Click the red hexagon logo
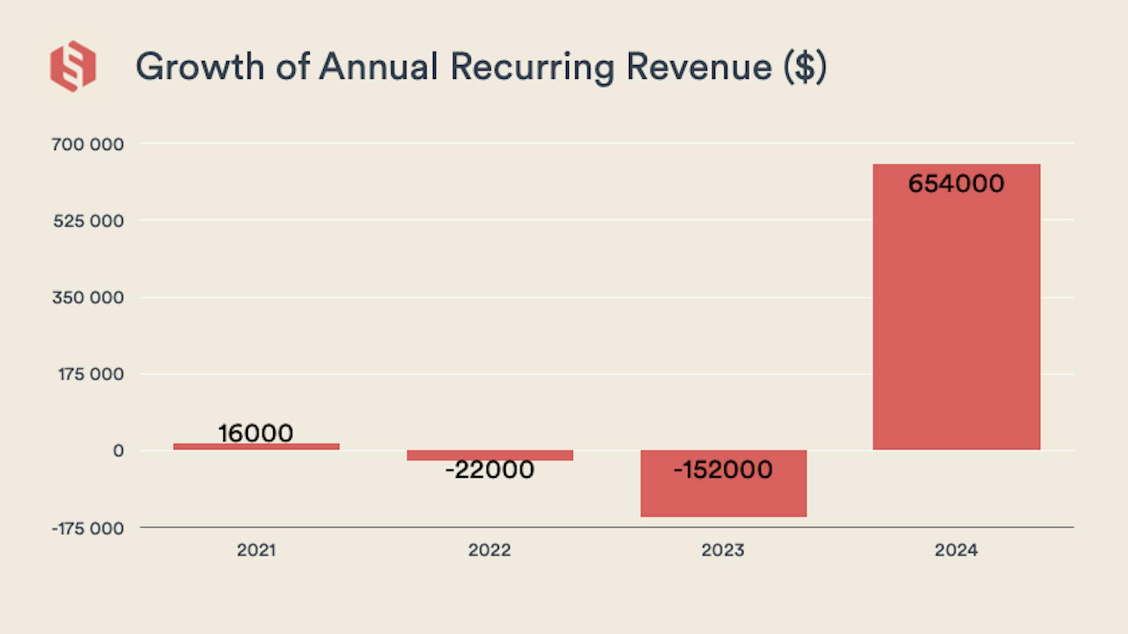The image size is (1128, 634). (73, 66)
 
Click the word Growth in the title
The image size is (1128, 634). (199, 66)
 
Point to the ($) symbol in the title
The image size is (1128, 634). (805, 66)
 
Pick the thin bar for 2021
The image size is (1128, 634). (256, 447)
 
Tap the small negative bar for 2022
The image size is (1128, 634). (489, 455)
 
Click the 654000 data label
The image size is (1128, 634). (956, 184)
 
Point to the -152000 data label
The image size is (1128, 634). (723, 469)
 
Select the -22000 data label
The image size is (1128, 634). (489, 470)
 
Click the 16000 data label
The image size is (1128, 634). (256, 434)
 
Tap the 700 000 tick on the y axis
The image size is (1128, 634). (88, 145)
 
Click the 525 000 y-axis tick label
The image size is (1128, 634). (88, 221)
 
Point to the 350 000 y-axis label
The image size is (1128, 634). (88, 297)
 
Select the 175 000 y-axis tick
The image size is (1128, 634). (90, 374)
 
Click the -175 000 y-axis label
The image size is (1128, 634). (88, 528)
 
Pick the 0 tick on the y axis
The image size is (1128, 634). (118, 451)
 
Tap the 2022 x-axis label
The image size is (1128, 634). (489, 551)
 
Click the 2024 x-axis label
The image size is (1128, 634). (956, 551)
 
